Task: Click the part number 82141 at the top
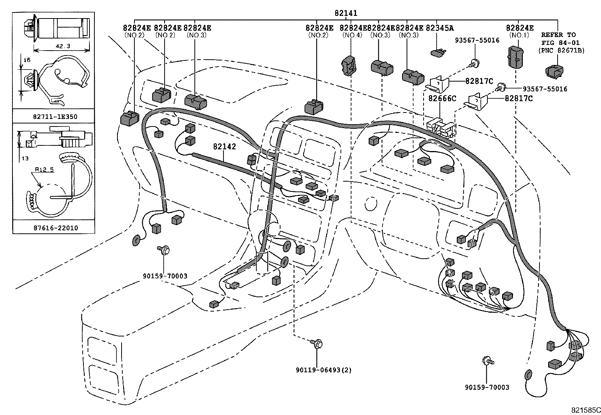[x=345, y=13]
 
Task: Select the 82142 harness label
[x=224, y=147]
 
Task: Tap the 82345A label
[x=440, y=28]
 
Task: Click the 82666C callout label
[x=442, y=99]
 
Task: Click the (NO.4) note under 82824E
[x=352, y=35]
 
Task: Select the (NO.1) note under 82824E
[x=519, y=35]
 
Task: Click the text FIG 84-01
[x=560, y=43]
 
